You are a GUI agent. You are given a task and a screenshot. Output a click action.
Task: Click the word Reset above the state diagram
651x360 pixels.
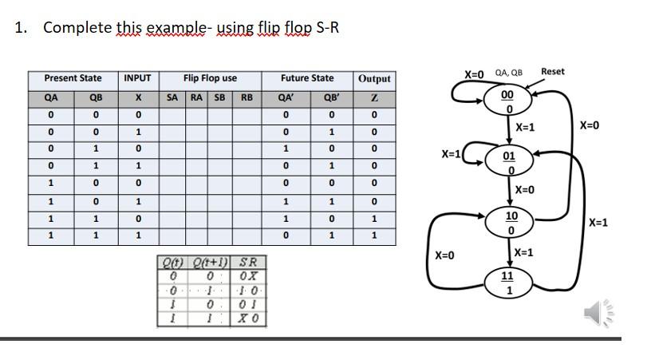point(552,72)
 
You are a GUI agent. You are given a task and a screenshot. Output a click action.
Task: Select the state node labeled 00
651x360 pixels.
point(507,100)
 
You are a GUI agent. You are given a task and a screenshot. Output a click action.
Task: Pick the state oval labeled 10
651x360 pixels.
point(511,222)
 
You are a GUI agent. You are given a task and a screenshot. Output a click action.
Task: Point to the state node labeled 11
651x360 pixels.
point(508,282)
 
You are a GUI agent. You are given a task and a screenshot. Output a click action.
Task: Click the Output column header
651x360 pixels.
point(374,79)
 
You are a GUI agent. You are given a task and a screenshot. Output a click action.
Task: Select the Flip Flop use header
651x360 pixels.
point(210,78)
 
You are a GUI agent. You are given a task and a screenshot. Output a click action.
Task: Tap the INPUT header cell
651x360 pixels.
point(138,78)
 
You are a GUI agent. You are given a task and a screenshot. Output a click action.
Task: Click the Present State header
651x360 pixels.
point(73,78)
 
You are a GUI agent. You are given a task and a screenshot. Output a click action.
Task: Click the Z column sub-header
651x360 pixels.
point(374,97)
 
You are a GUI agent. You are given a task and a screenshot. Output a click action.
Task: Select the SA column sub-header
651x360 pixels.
point(172,97)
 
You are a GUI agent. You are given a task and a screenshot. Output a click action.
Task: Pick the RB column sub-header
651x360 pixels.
point(247,97)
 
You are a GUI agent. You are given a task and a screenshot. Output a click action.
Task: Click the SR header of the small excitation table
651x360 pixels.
point(248,263)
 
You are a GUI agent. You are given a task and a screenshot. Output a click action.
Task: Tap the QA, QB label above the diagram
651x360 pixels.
point(508,73)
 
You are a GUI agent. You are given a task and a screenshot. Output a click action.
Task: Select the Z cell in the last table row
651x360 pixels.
point(374,235)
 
